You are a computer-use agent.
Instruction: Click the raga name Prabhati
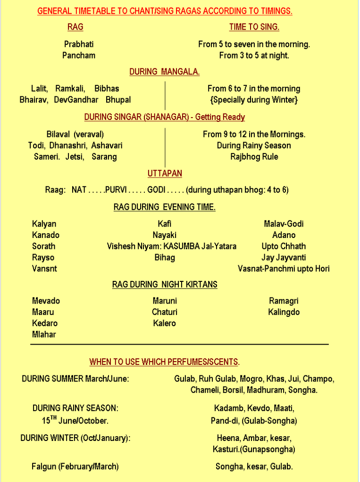click(79, 44)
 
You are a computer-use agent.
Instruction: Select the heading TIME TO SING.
click(254, 27)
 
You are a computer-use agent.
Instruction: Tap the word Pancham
click(79, 55)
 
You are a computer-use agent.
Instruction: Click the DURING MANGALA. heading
click(165, 72)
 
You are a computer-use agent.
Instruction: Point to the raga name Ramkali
click(70, 88)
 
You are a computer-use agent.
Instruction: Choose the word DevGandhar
click(76, 100)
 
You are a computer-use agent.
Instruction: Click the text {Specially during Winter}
click(254, 100)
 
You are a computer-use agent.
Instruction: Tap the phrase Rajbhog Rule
click(254, 157)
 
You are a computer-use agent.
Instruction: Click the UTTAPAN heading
click(165, 174)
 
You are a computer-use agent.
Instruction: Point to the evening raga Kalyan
click(44, 224)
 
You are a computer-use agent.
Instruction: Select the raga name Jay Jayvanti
click(284, 257)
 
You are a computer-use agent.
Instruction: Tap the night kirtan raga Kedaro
click(45, 323)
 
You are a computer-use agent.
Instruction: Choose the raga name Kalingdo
click(284, 312)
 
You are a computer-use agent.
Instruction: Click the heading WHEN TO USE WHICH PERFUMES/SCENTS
click(165, 362)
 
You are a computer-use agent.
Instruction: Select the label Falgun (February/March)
click(75, 466)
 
